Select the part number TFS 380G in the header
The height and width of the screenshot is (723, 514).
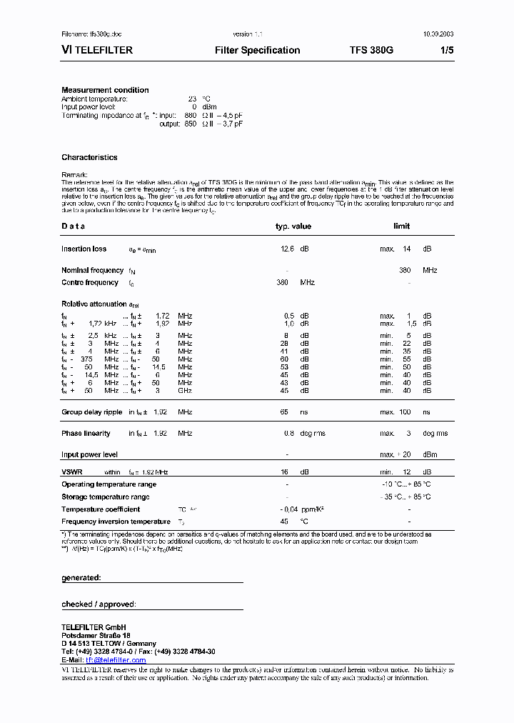pyautogui.click(x=371, y=50)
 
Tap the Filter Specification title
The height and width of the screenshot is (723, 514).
pyautogui.click(x=257, y=50)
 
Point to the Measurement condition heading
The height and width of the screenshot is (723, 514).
pyautogui.click(x=105, y=90)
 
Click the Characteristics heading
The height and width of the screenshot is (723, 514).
pyautogui.click(x=89, y=157)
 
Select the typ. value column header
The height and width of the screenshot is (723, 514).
pyautogui.click(x=293, y=226)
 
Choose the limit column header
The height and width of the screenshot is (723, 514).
pyautogui.click(x=402, y=226)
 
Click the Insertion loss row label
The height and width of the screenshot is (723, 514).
pyautogui.click(x=84, y=249)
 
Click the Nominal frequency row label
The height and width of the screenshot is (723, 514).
pyautogui.click(x=92, y=270)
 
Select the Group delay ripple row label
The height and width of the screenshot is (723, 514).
pyautogui.click(x=91, y=412)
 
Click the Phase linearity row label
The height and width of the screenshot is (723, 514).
pyautogui.click(x=86, y=433)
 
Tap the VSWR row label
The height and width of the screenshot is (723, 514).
pyautogui.click(x=72, y=472)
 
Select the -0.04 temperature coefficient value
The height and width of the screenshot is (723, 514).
pyautogui.click(x=288, y=509)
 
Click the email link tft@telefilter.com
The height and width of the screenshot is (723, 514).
pyautogui.click(x=116, y=660)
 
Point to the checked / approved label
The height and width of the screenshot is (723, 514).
pyautogui.click(x=99, y=604)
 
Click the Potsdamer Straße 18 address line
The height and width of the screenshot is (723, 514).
pyautogui.click(x=96, y=635)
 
